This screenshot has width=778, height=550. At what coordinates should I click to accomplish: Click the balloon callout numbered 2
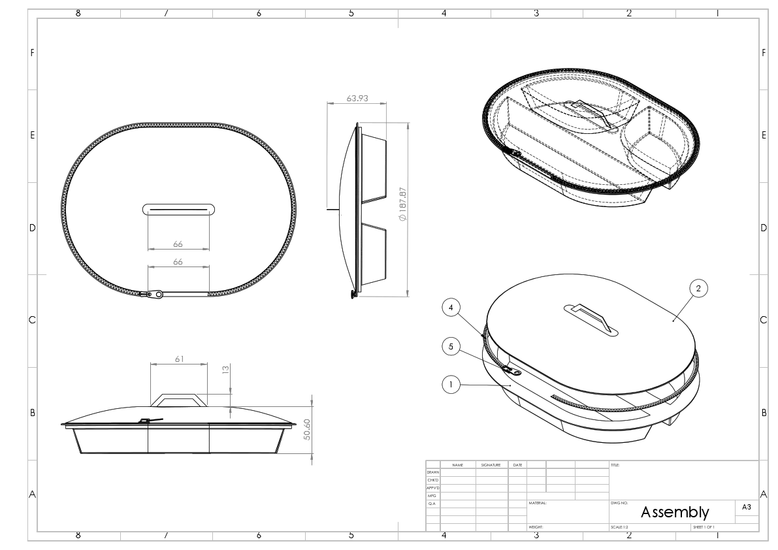(698, 288)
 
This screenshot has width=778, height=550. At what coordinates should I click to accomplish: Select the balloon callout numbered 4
(451, 306)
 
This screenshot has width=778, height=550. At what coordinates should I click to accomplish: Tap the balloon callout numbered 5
(451, 346)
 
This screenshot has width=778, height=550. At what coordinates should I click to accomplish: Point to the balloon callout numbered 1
(451, 385)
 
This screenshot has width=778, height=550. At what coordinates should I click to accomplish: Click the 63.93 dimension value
(357, 99)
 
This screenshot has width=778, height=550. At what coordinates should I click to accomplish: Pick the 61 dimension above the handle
(178, 359)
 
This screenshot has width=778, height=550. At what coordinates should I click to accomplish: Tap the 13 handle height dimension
(225, 369)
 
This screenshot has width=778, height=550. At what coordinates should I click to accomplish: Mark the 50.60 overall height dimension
(307, 429)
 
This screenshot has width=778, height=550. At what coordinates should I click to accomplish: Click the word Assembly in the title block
(674, 512)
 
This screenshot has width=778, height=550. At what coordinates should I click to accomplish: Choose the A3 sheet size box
(747, 506)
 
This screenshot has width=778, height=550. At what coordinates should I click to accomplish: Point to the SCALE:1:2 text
(621, 526)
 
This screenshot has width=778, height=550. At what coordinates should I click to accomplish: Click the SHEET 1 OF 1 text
(704, 526)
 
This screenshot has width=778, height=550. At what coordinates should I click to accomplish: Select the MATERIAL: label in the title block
(538, 503)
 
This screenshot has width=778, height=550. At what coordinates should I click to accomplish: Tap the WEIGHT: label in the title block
(536, 526)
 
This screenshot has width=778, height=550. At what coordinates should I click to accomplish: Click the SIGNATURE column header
(491, 465)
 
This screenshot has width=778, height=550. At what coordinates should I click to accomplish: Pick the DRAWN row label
(432, 472)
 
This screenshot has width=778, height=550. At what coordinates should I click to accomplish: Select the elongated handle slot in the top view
(178, 208)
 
